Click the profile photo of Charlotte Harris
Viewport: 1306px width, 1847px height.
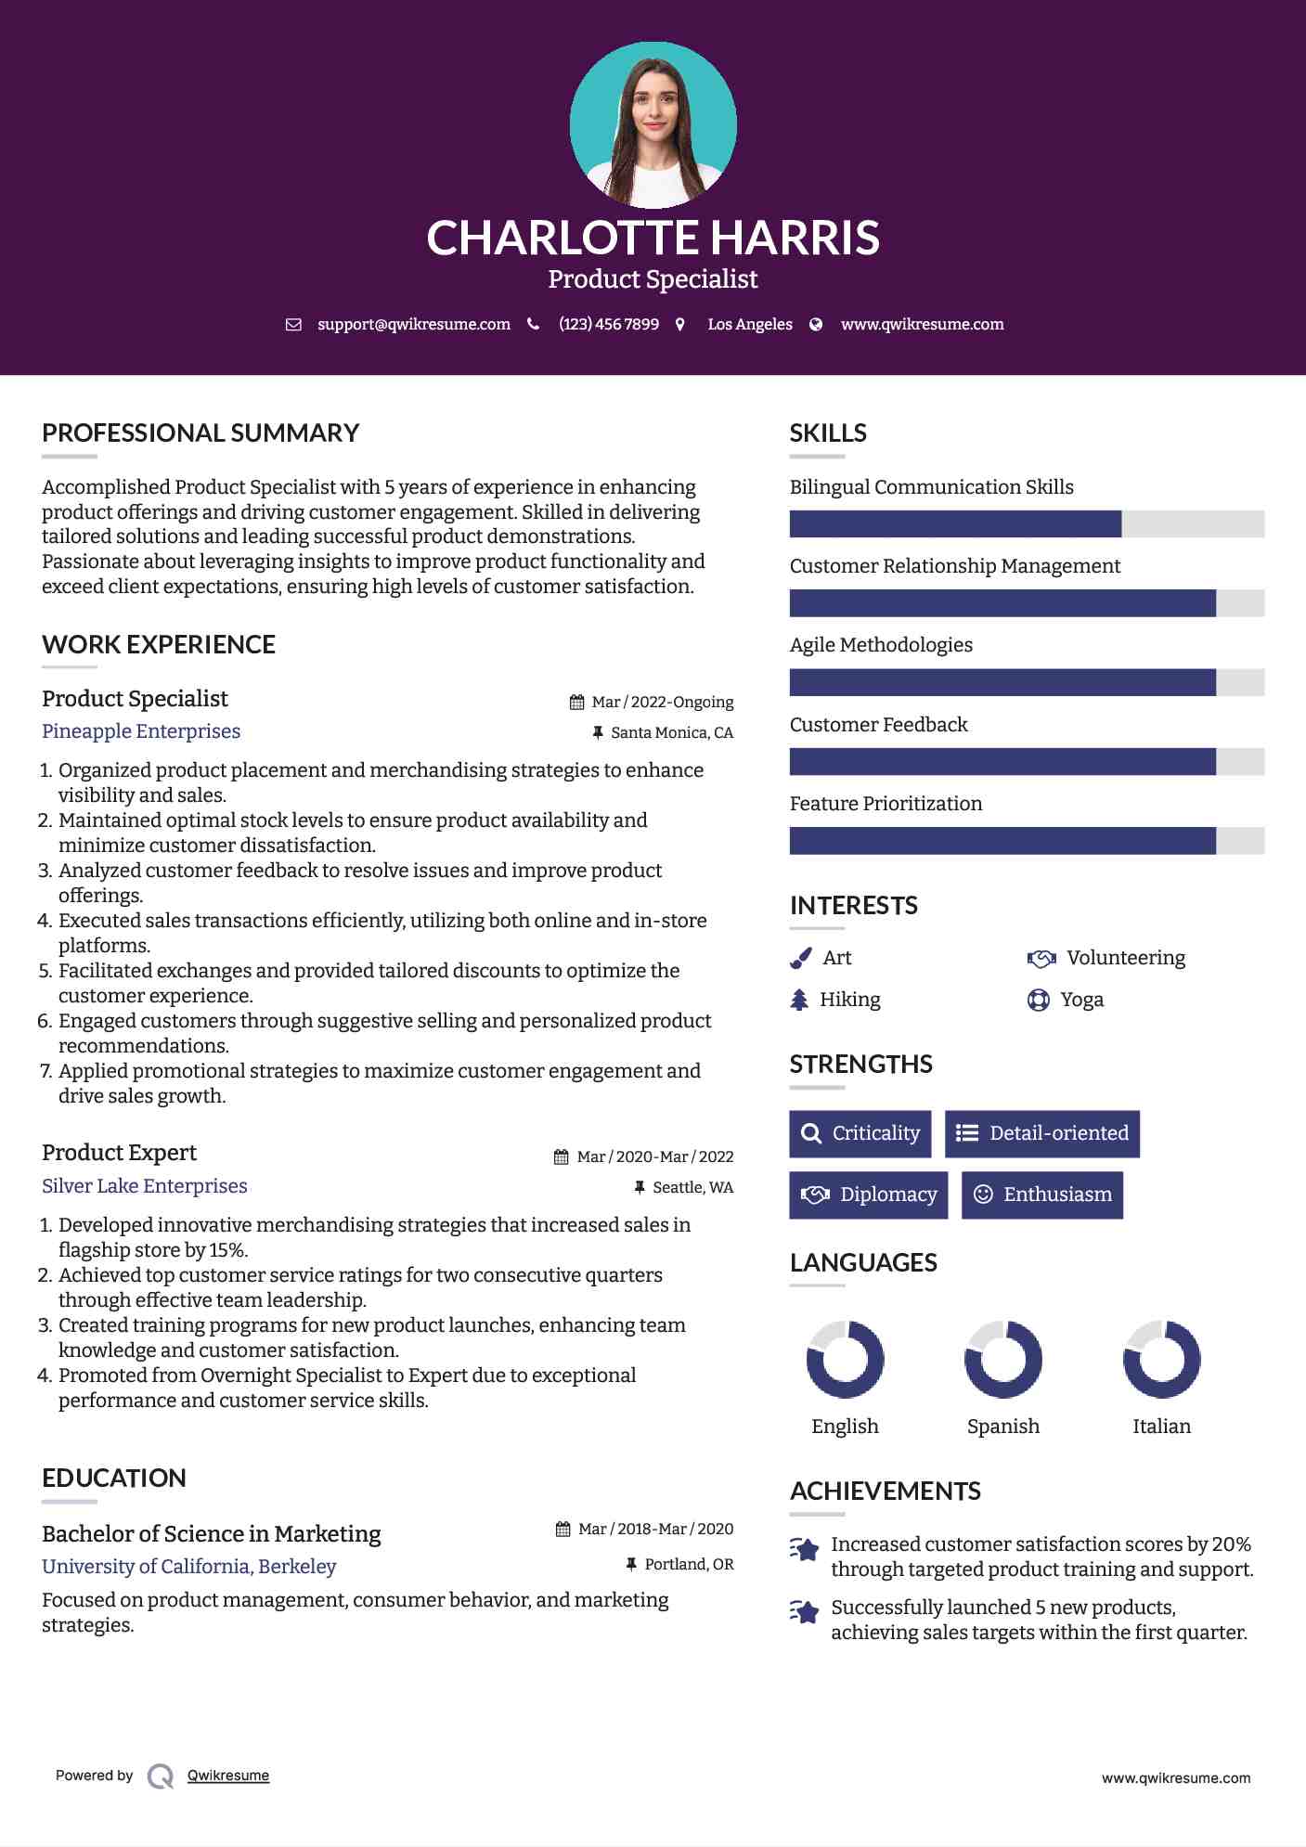[x=653, y=124]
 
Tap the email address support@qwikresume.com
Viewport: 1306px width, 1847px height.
[x=414, y=324]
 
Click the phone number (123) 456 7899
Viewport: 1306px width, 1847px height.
[x=609, y=324]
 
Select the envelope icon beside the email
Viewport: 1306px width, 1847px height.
[x=293, y=324]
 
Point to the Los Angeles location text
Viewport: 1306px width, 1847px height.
[x=750, y=324]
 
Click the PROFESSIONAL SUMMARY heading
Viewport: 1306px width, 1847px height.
[x=200, y=433]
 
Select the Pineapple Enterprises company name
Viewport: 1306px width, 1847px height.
[x=141, y=731]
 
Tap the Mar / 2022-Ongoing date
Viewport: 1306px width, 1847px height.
[x=662, y=702]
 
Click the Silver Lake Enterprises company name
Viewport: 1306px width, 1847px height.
[x=145, y=1186]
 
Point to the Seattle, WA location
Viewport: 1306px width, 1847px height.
[x=692, y=1187]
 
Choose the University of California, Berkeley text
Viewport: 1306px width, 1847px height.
[x=188, y=1567]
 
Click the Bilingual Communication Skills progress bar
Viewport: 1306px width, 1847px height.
[x=1027, y=523]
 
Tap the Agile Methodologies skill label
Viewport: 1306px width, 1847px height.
[x=881, y=645]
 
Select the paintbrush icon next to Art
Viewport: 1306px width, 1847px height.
[x=800, y=958]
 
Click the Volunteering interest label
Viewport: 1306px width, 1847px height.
[x=1125, y=958]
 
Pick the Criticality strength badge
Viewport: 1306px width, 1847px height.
[x=860, y=1133]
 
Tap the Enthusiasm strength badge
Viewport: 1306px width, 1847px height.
[x=1042, y=1195]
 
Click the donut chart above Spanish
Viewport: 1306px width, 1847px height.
[x=1003, y=1360]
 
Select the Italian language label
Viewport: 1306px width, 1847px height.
[x=1161, y=1427]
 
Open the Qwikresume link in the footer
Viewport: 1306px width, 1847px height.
[x=228, y=1776]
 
